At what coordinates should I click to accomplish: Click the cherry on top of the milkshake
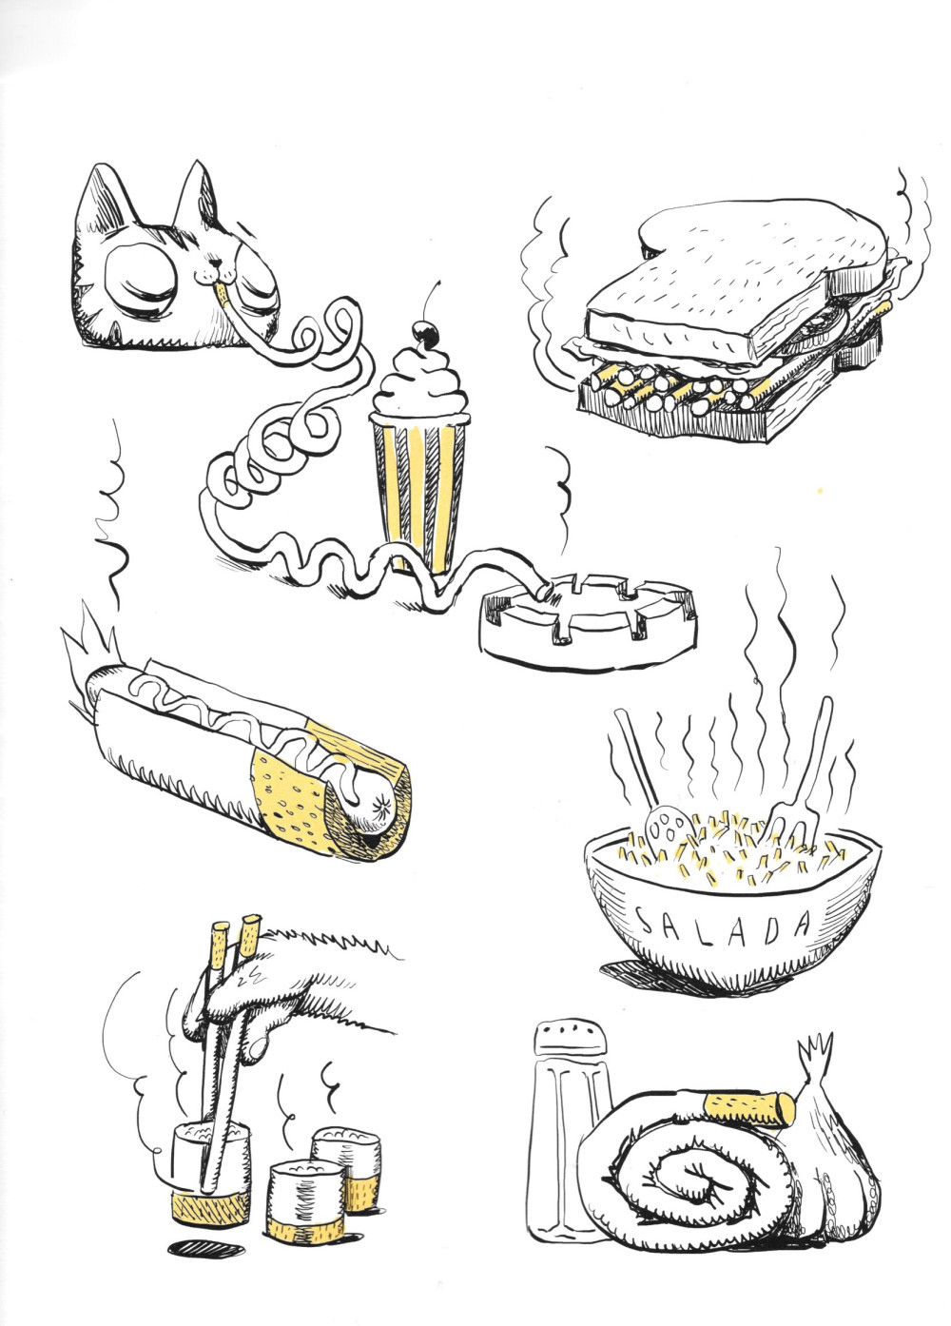pyautogui.click(x=427, y=333)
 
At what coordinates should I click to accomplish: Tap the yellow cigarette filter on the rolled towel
pyautogui.click(x=750, y=1109)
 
